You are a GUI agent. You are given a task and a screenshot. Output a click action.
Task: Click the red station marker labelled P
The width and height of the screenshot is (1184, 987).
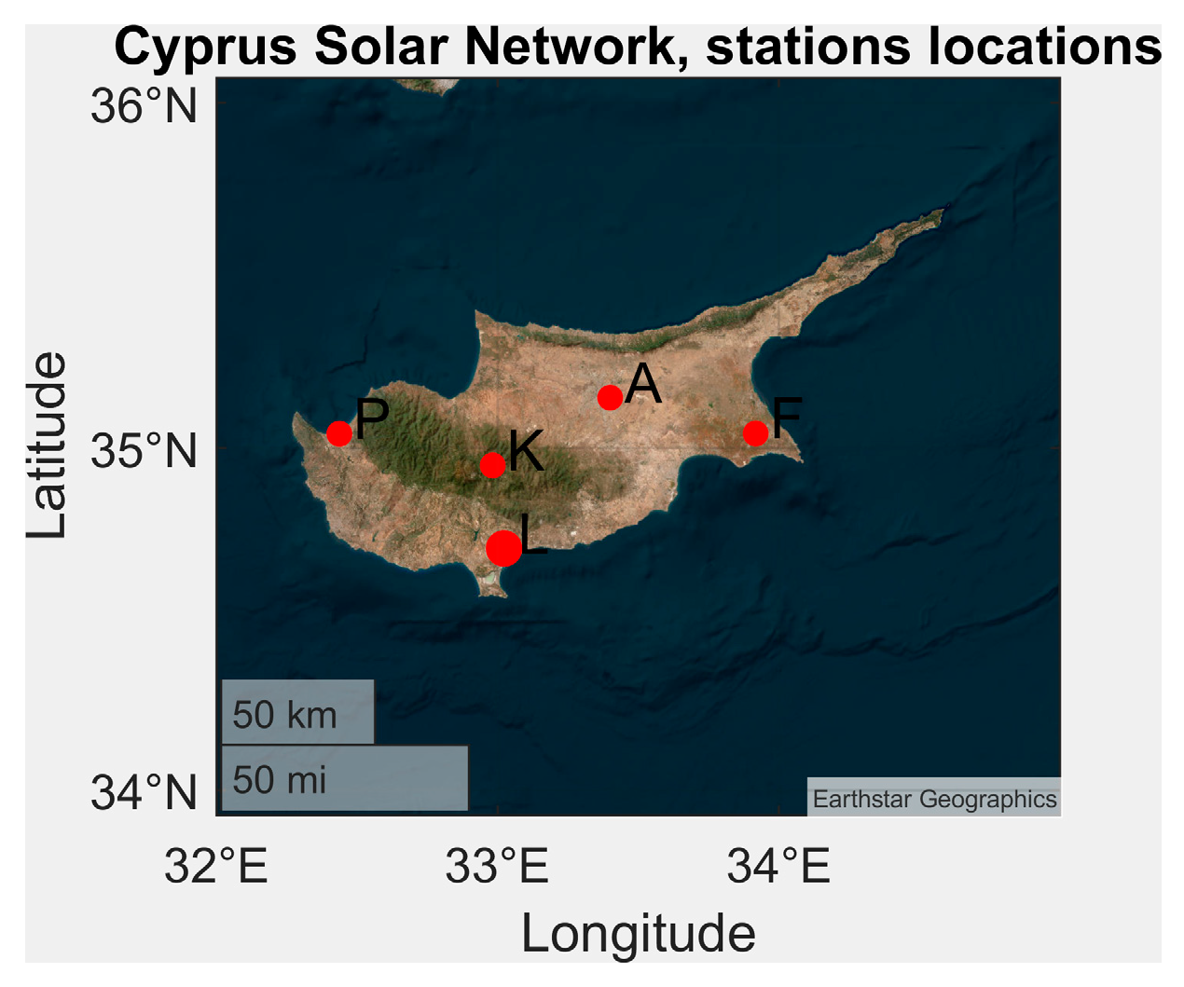point(339,433)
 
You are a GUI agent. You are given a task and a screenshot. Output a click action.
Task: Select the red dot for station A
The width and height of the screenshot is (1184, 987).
point(610,398)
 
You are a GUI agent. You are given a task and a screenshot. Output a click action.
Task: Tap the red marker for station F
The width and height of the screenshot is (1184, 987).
point(755,433)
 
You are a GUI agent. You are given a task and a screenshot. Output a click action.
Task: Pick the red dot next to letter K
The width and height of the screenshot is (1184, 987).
point(492,465)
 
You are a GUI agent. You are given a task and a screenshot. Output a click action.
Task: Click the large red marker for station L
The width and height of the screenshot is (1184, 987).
point(503,548)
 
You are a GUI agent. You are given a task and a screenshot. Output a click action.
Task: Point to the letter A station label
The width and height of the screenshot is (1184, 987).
point(643,384)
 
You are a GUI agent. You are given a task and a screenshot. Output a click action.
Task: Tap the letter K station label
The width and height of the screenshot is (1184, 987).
point(526,451)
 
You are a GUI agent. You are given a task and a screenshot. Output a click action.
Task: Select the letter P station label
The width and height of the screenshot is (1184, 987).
point(372,419)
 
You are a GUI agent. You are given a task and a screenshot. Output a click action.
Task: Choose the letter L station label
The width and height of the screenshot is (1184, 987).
point(533,535)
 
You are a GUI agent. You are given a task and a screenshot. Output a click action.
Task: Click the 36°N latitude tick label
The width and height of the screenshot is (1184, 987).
point(145,106)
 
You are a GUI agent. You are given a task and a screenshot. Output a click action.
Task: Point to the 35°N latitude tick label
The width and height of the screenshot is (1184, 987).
point(145,451)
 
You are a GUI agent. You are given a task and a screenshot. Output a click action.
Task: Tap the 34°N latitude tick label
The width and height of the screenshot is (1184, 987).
point(145,793)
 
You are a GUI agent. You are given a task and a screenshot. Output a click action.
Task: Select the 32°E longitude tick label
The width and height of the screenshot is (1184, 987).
point(216,867)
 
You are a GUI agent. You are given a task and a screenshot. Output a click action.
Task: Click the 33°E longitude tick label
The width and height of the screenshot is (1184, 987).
point(497,867)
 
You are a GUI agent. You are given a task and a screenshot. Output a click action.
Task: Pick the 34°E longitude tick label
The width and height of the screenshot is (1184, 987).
point(778,867)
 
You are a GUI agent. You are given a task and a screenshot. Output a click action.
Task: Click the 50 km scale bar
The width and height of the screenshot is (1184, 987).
point(297,713)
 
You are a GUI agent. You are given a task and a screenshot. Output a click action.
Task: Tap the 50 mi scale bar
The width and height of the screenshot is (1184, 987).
point(344,779)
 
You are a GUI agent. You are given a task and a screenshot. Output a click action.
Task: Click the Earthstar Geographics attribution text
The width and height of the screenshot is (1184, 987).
point(934,799)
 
